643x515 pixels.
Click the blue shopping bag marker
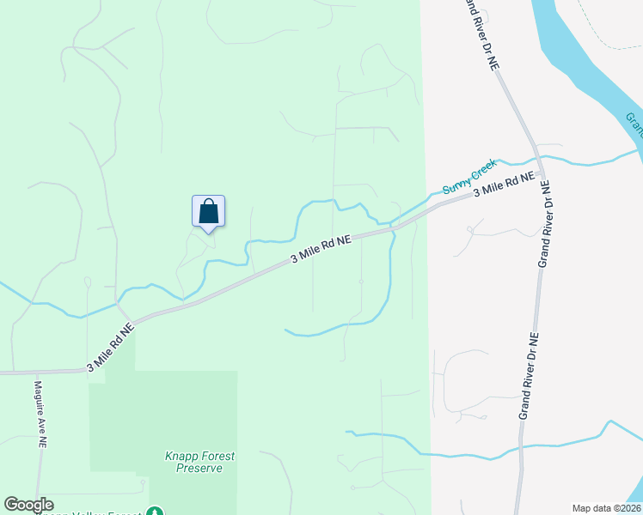[x=208, y=211]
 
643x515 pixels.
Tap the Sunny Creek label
[x=469, y=177]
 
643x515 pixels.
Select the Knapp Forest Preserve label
[x=199, y=462]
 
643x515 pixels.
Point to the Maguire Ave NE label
[x=40, y=415]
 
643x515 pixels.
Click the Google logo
[x=28, y=505]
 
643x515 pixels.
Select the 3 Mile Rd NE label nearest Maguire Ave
[x=111, y=348]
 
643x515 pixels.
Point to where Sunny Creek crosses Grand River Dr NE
[x=537, y=159]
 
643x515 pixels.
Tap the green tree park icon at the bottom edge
[x=156, y=508]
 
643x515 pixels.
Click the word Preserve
[x=199, y=468]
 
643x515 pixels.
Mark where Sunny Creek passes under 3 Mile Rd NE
[x=392, y=227]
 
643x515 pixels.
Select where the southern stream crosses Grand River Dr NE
[x=519, y=448]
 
